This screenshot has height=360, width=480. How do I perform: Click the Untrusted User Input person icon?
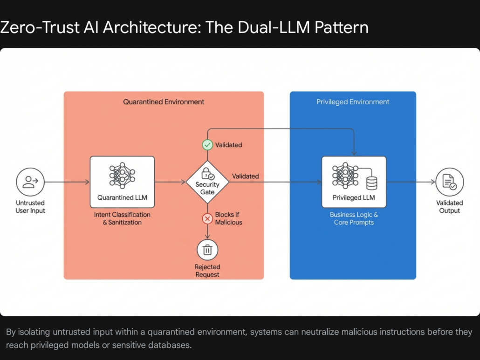click(30, 182)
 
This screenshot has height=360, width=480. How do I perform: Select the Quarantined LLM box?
click(122, 182)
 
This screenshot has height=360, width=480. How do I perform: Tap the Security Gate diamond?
click(207, 182)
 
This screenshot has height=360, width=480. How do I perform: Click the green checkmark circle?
click(207, 145)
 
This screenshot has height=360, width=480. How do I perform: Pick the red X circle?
click(207, 218)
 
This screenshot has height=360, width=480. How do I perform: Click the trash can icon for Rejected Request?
click(207, 250)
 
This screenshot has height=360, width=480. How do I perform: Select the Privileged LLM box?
click(354, 182)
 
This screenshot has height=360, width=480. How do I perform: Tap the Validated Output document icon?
click(449, 182)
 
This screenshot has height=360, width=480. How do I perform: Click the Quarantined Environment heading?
click(164, 102)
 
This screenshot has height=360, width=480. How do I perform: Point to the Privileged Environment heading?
click(353, 102)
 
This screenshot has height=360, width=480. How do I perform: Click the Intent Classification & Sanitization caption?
click(122, 218)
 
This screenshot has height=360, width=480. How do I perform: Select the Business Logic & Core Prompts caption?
click(354, 218)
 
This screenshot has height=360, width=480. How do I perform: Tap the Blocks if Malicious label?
click(228, 218)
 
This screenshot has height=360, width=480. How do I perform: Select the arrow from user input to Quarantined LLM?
click(67, 182)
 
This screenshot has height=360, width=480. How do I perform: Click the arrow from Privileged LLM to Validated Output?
click(411, 182)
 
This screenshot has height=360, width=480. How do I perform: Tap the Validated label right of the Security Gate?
click(245, 176)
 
